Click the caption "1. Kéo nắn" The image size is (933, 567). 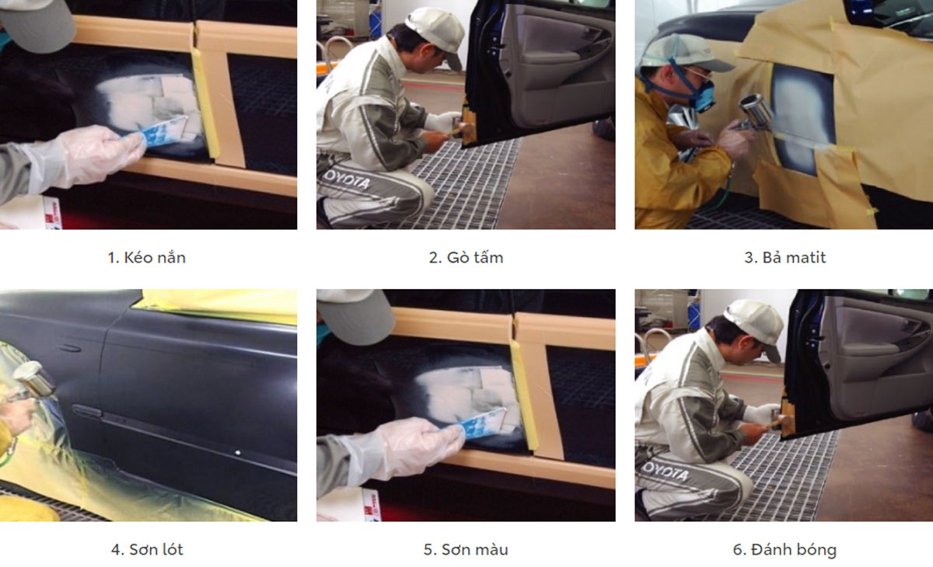pos(147,258)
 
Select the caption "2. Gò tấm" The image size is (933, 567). pos(466,258)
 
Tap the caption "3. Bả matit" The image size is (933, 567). pos(784,258)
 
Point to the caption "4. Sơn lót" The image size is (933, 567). pos(147,550)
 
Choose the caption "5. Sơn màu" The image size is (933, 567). pos(466,550)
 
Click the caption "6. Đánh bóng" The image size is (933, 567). pos(784,550)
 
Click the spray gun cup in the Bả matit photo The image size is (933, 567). pos(757,110)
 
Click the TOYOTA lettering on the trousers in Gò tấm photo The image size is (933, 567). pos(347,179)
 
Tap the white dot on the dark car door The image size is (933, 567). pos(238,453)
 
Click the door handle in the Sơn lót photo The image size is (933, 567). pos(86,412)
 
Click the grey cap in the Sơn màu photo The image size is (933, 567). pos(356,316)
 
